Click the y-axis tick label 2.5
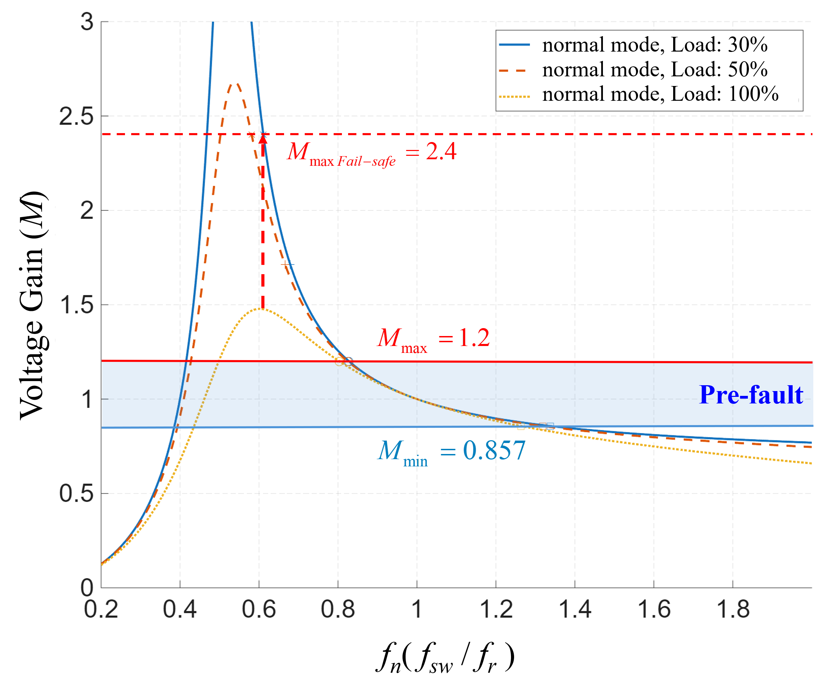click(76, 117)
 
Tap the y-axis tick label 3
click(87, 22)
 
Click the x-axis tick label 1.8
click(733, 609)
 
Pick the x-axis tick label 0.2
click(101, 609)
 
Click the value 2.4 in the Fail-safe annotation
click(441, 151)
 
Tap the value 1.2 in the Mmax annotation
click(474, 337)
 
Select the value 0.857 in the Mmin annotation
click(494, 450)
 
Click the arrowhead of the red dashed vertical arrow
click(263, 139)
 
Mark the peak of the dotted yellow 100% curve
click(260, 309)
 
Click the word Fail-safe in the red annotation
click(366, 161)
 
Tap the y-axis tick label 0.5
click(76, 494)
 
